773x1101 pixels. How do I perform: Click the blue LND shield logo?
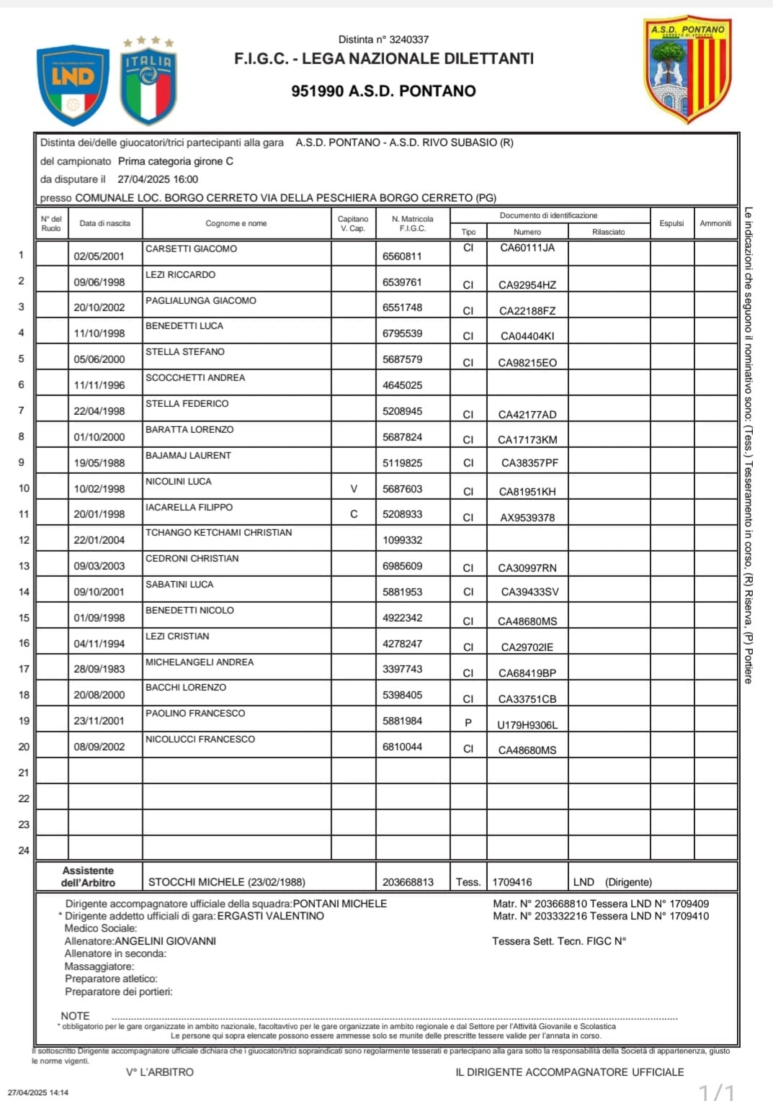(72, 84)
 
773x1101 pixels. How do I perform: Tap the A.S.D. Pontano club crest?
(687, 69)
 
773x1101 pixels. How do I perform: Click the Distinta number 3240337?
(408, 40)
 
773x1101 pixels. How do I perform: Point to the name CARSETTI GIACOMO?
(191, 248)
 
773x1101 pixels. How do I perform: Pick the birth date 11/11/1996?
(99, 385)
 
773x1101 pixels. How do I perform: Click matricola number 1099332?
(402, 540)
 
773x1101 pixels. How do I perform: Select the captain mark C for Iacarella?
(354, 514)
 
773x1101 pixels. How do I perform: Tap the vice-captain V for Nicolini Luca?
(354, 489)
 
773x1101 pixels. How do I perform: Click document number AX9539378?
(527, 518)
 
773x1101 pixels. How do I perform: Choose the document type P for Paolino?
(468, 722)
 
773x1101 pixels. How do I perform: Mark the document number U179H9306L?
(527, 725)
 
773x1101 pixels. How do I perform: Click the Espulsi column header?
(671, 223)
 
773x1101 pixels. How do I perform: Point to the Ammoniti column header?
(715, 223)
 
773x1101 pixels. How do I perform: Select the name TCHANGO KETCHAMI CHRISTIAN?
(218, 533)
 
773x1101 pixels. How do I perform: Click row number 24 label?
(24, 850)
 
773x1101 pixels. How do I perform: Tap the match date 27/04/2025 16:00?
(158, 179)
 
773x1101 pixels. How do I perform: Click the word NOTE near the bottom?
(75, 1016)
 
